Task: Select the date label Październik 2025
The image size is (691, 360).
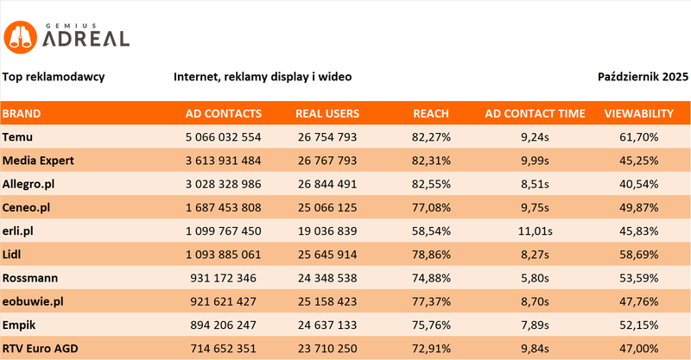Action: pyautogui.click(x=643, y=77)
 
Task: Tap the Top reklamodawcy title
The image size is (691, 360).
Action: pyautogui.click(x=54, y=77)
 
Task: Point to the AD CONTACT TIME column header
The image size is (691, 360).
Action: pyautogui.click(x=535, y=113)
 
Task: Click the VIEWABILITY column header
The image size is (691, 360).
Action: pyautogui.click(x=639, y=113)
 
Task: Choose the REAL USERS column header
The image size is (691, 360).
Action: pyautogui.click(x=327, y=113)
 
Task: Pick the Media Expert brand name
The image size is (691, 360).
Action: pyautogui.click(x=39, y=161)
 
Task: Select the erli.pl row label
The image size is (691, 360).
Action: pyautogui.click(x=18, y=231)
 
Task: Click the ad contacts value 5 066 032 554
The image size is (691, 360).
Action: pyautogui.click(x=223, y=136)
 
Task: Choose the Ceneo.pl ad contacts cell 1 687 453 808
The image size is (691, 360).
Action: pyautogui.click(x=223, y=208)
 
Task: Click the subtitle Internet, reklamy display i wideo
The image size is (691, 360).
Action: pyautogui.click(x=263, y=77)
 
